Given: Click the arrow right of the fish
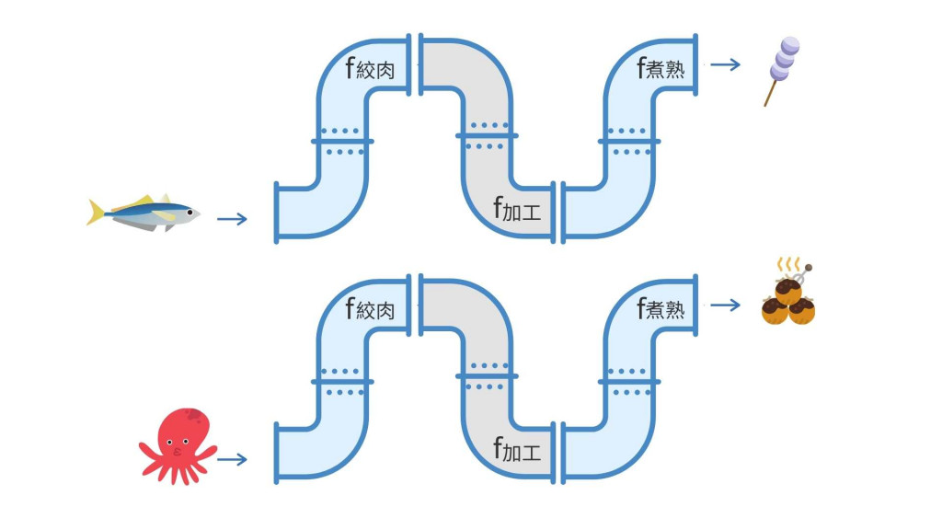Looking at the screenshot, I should [x=232, y=219].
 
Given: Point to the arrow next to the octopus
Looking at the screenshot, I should [x=232, y=458].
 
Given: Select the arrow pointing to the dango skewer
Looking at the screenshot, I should [x=726, y=64].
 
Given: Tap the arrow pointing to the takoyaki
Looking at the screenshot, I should [x=726, y=305].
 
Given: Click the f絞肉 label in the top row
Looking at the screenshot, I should [x=370, y=70].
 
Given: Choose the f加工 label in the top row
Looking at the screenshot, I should [x=517, y=211].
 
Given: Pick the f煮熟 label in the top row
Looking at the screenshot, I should [x=661, y=68].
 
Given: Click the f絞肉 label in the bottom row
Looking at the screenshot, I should [x=370, y=309].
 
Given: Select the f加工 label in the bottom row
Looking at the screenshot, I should [x=517, y=451].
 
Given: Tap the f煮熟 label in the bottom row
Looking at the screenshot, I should [x=661, y=308].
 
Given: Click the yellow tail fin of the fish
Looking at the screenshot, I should [x=95, y=212].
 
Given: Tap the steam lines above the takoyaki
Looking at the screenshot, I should [x=787, y=265].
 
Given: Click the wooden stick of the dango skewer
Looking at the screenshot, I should [x=770, y=94].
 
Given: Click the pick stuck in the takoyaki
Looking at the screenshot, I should [x=804, y=272].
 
